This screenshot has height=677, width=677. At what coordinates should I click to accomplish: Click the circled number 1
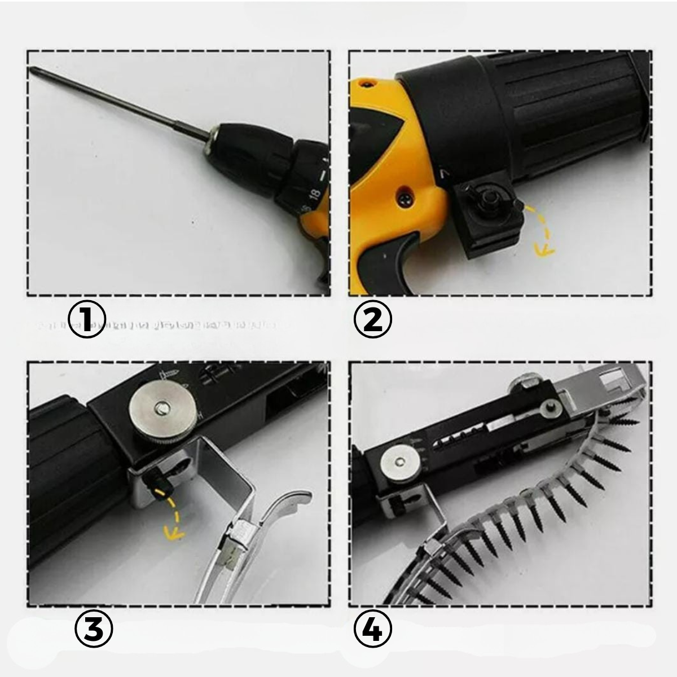tap(87, 319)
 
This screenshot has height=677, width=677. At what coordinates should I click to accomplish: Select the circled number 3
tap(94, 630)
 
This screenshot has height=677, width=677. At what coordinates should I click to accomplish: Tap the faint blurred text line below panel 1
tap(158, 326)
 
